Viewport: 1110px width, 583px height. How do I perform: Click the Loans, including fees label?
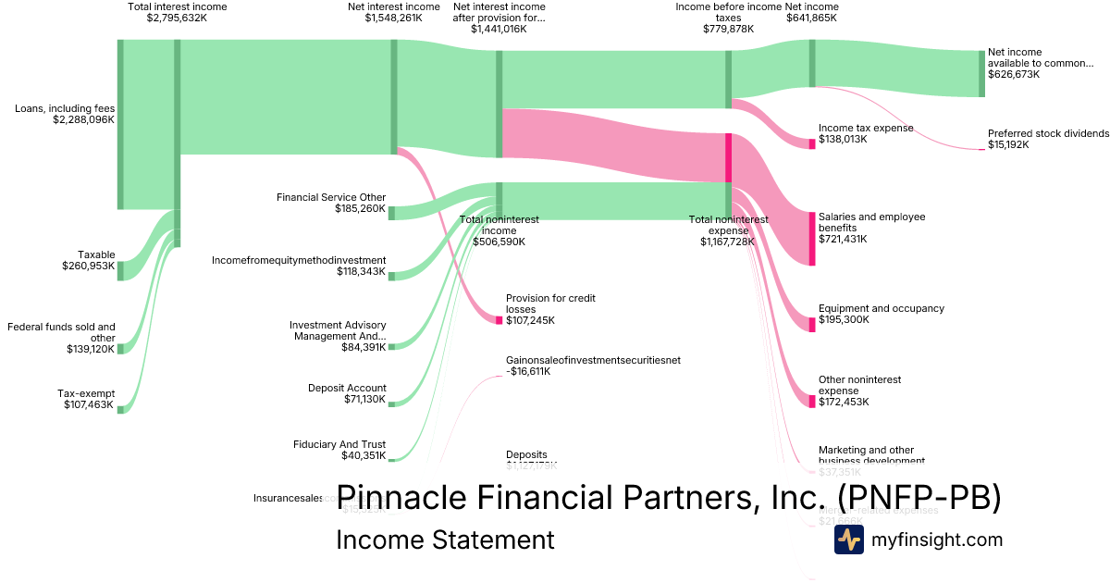coord(65,108)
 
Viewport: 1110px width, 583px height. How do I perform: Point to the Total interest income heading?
coord(177,6)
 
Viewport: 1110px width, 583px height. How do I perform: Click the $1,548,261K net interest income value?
coord(393,18)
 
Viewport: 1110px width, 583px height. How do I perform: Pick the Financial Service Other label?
coord(331,197)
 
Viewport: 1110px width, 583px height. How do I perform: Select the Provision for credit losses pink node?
coord(499,320)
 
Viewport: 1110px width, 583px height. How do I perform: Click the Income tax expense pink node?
coord(812,143)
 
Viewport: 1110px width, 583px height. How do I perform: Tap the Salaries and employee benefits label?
coord(871,222)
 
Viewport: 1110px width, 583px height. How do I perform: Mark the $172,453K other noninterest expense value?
coord(844,402)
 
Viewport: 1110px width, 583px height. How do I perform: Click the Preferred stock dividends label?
coord(1048,133)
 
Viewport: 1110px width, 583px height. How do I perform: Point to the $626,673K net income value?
coord(1014,74)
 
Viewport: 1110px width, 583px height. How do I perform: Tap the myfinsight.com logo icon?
coord(848,540)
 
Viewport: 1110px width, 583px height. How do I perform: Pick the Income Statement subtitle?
coord(445,540)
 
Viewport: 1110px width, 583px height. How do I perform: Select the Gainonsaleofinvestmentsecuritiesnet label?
coord(593,360)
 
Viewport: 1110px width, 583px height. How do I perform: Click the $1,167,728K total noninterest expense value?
coord(727,242)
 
